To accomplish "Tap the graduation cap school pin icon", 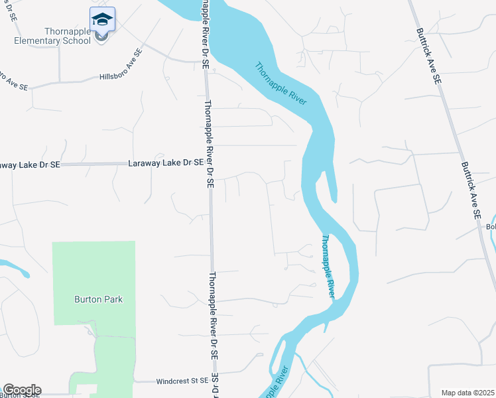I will [x=102, y=20].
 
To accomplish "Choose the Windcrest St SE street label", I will [x=182, y=381].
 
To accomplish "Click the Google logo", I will [x=21, y=390].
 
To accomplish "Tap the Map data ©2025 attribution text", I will [x=467, y=393].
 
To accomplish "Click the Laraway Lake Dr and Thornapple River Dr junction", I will [x=208, y=163].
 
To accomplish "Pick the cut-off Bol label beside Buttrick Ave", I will [x=491, y=227].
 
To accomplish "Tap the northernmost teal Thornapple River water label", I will [x=281, y=83].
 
